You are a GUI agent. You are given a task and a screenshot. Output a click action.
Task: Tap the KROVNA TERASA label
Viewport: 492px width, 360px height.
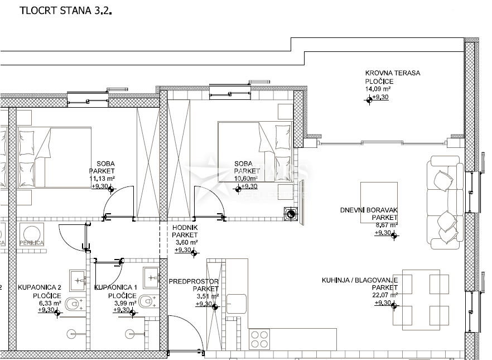click(x=392, y=73)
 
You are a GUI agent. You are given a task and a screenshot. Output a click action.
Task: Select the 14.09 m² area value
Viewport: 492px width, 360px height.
click(x=378, y=89)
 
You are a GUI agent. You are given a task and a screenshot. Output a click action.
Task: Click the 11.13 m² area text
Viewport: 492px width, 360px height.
click(x=102, y=179)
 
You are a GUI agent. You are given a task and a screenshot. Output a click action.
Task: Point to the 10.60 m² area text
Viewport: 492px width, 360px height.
click(x=246, y=179)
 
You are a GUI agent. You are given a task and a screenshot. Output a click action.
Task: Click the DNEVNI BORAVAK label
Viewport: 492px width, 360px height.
click(x=369, y=210)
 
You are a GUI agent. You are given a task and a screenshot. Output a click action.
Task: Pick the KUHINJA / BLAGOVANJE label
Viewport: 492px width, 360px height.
click(x=359, y=280)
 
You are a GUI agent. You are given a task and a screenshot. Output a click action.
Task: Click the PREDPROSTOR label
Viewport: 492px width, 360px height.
click(x=194, y=281)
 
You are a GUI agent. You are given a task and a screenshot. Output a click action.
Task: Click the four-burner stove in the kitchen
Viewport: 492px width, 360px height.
click(x=260, y=337)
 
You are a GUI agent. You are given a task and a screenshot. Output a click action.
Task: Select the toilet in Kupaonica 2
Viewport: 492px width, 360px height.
click(x=73, y=304)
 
